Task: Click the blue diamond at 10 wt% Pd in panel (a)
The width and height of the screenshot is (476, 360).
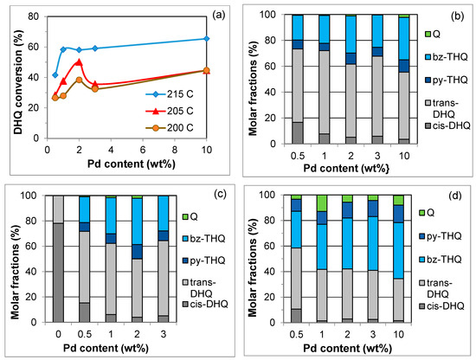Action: point(207,39)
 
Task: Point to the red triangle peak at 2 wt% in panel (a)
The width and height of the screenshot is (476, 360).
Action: point(80,62)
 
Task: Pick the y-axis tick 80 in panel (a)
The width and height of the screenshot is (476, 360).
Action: point(34,16)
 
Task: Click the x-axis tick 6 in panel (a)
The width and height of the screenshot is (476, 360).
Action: point(143,151)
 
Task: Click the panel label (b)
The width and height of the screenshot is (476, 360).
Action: point(457,16)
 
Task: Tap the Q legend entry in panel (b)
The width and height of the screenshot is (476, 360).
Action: point(432,35)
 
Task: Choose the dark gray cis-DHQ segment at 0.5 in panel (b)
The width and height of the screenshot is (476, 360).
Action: point(298,133)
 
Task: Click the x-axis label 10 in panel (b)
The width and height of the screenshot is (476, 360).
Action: point(404,156)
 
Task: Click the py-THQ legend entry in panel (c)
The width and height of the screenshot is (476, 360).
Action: point(203,260)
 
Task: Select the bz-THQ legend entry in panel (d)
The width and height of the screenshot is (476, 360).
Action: point(440,260)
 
